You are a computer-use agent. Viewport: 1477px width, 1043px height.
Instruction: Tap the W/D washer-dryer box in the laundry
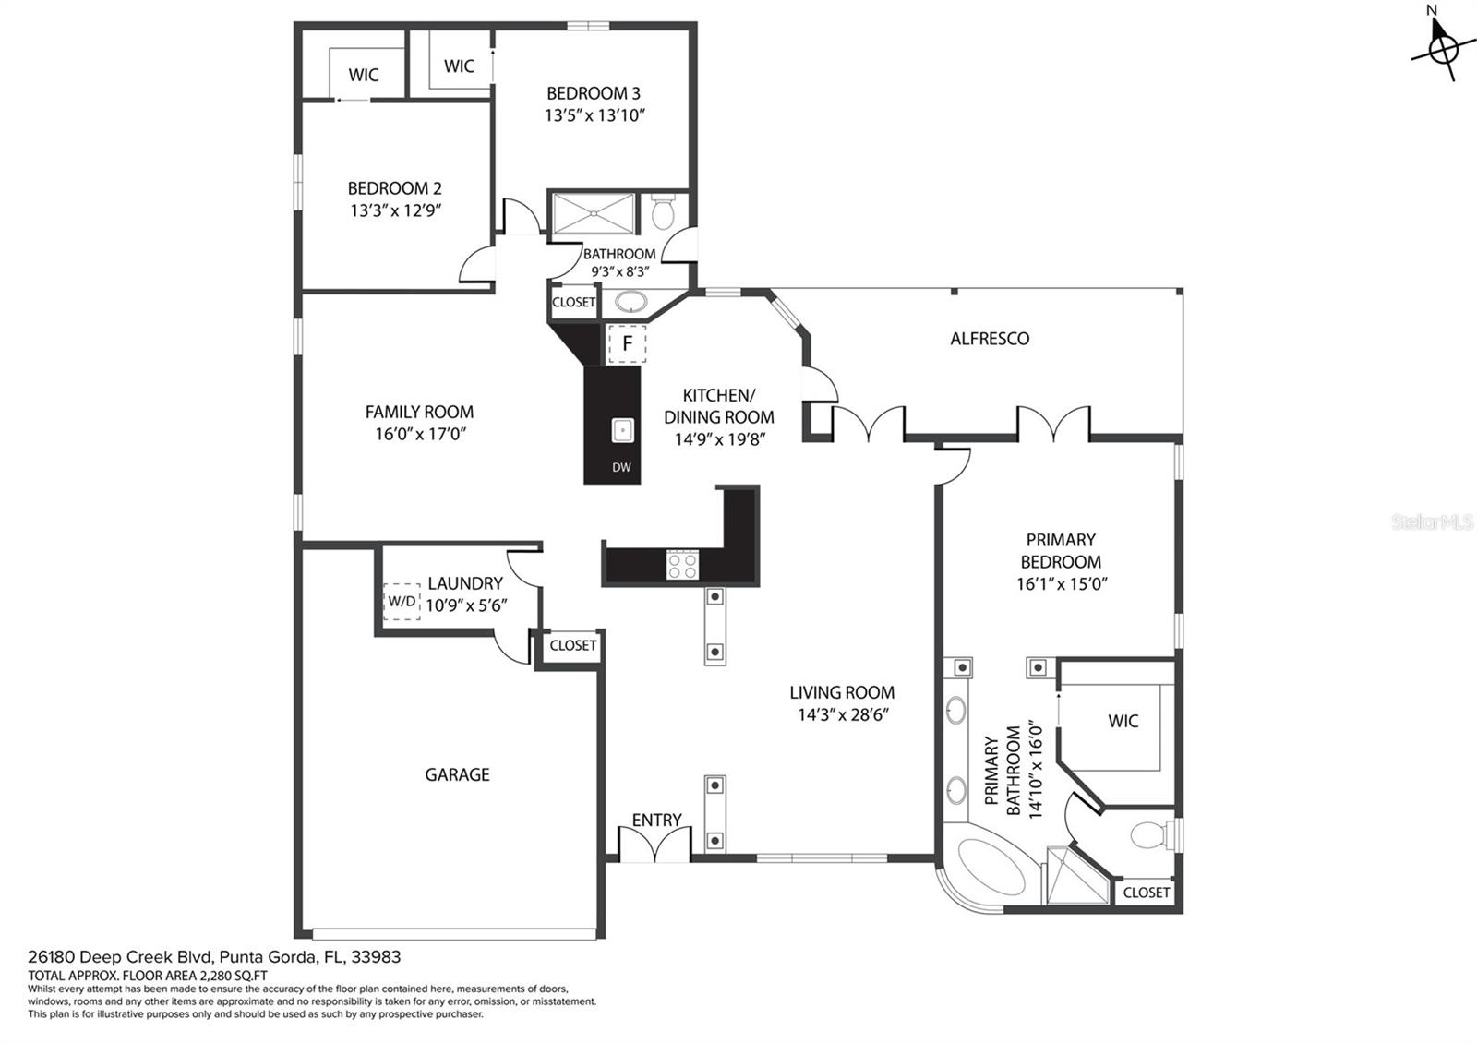pyautogui.click(x=402, y=601)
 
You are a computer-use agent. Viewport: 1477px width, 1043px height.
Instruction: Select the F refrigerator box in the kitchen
pyautogui.click(x=627, y=343)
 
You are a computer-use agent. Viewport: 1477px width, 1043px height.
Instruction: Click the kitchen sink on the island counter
pyautogui.click(x=622, y=430)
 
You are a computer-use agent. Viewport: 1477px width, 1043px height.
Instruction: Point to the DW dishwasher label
pyautogui.click(x=621, y=467)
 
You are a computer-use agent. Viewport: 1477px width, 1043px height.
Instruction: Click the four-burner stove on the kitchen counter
pyautogui.click(x=682, y=565)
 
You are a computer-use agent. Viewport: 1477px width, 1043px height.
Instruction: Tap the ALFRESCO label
pyautogui.click(x=989, y=339)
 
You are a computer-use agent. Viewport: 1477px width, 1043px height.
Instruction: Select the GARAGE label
pyautogui.click(x=457, y=774)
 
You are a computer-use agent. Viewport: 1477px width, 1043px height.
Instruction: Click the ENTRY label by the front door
pyautogui.click(x=656, y=820)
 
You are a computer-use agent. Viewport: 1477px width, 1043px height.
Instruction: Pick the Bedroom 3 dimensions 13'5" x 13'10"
pyautogui.click(x=594, y=115)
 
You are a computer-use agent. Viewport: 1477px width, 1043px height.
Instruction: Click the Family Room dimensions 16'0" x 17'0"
pyautogui.click(x=420, y=434)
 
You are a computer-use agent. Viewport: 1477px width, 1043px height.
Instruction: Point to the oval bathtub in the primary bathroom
pyautogui.click(x=991, y=868)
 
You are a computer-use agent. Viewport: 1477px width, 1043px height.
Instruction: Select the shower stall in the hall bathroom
pyautogui.click(x=594, y=213)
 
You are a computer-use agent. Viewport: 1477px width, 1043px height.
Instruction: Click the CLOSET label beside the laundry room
pyautogui.click(x=573, y=645)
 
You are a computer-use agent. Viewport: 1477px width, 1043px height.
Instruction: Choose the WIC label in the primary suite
pyautogui.click(x=1123, y=721)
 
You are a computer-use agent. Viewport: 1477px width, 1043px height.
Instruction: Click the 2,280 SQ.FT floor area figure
pyautogui.click(x=232, y=976)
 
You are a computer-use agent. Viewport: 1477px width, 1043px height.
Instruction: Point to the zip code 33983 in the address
pyautogui.click(x=376, y=956)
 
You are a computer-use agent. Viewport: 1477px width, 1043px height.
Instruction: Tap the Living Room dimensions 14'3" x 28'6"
pyautogui.click(x=844, y=714)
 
